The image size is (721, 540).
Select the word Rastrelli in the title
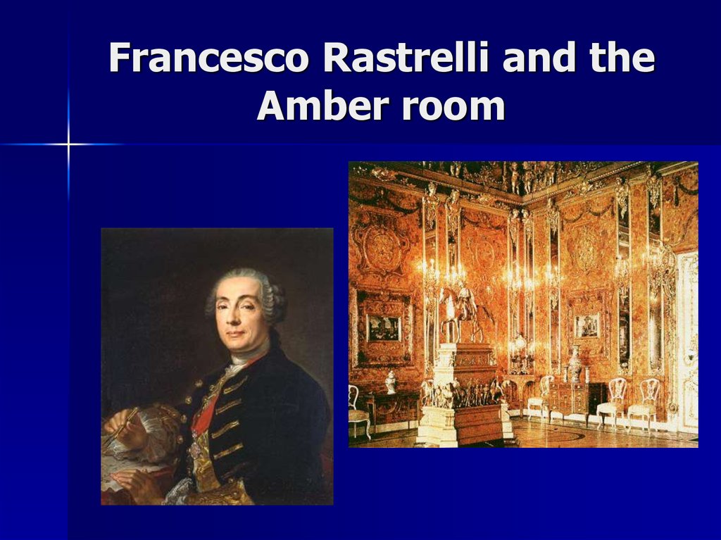pos(407,59)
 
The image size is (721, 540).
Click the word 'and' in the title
pos(536,59)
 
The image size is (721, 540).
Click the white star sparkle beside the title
pos(68,145)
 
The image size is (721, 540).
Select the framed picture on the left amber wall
pos(383,327)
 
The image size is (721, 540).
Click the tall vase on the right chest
pos(575,363)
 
